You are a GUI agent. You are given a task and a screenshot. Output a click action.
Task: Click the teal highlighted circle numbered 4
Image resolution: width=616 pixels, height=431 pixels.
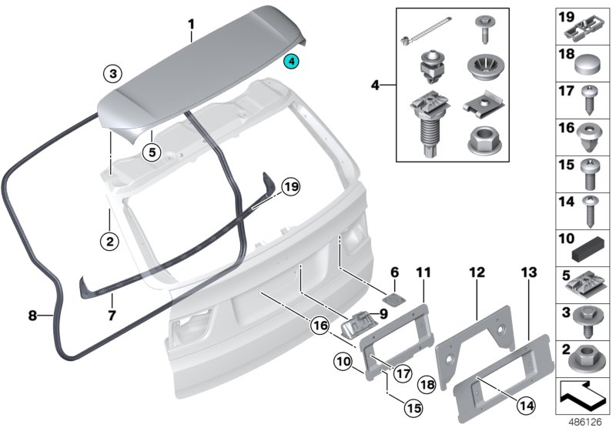click(x=293, y=61)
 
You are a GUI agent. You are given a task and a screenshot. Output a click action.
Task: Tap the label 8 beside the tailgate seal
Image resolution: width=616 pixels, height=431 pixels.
click(x=32, y=315)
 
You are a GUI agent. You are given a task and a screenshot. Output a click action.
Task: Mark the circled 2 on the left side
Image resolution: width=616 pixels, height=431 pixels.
click(x=110, y=241)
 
